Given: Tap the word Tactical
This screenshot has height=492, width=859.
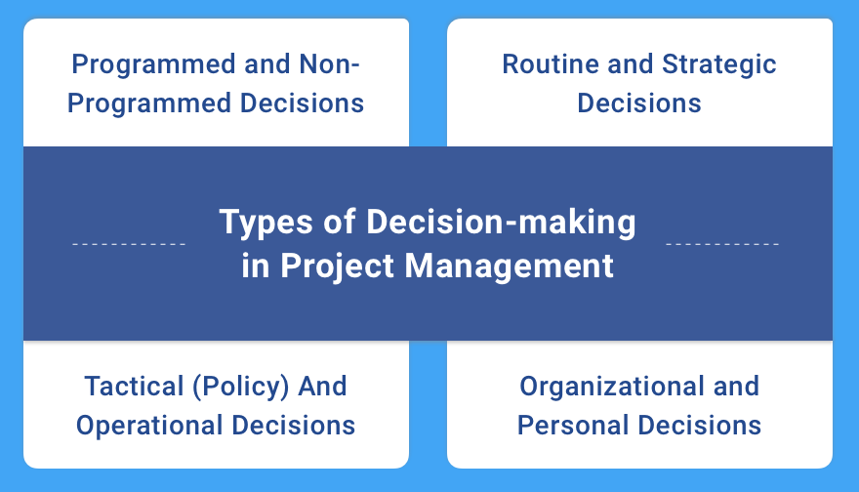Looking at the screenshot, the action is click(135, 387).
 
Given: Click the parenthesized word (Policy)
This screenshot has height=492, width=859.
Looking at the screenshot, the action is click(240, 388).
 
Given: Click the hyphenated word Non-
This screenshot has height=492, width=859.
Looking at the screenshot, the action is click(330, 64).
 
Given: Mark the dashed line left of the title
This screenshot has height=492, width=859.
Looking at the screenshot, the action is click(129, 244).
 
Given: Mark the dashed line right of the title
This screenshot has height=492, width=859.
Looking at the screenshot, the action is click(722, 244).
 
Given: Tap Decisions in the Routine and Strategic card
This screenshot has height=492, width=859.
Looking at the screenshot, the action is click(639, 103).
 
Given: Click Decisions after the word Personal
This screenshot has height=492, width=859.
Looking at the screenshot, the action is click(700, 426).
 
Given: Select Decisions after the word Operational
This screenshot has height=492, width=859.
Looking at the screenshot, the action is click(293, 426).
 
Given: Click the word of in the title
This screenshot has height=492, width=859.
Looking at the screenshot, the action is click(339, 223).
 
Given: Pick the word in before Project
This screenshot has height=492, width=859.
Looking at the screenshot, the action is click(256, 266).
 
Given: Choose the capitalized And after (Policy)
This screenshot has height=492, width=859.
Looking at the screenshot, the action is click(322, 387).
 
